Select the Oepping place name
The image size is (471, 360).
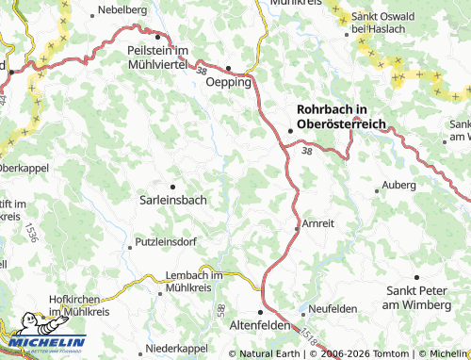229,82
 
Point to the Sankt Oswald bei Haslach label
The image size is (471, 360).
384,24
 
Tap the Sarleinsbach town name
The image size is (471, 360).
173,200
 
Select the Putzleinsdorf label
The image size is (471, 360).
166,242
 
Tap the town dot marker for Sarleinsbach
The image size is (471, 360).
172,187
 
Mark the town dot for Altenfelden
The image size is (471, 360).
262,312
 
